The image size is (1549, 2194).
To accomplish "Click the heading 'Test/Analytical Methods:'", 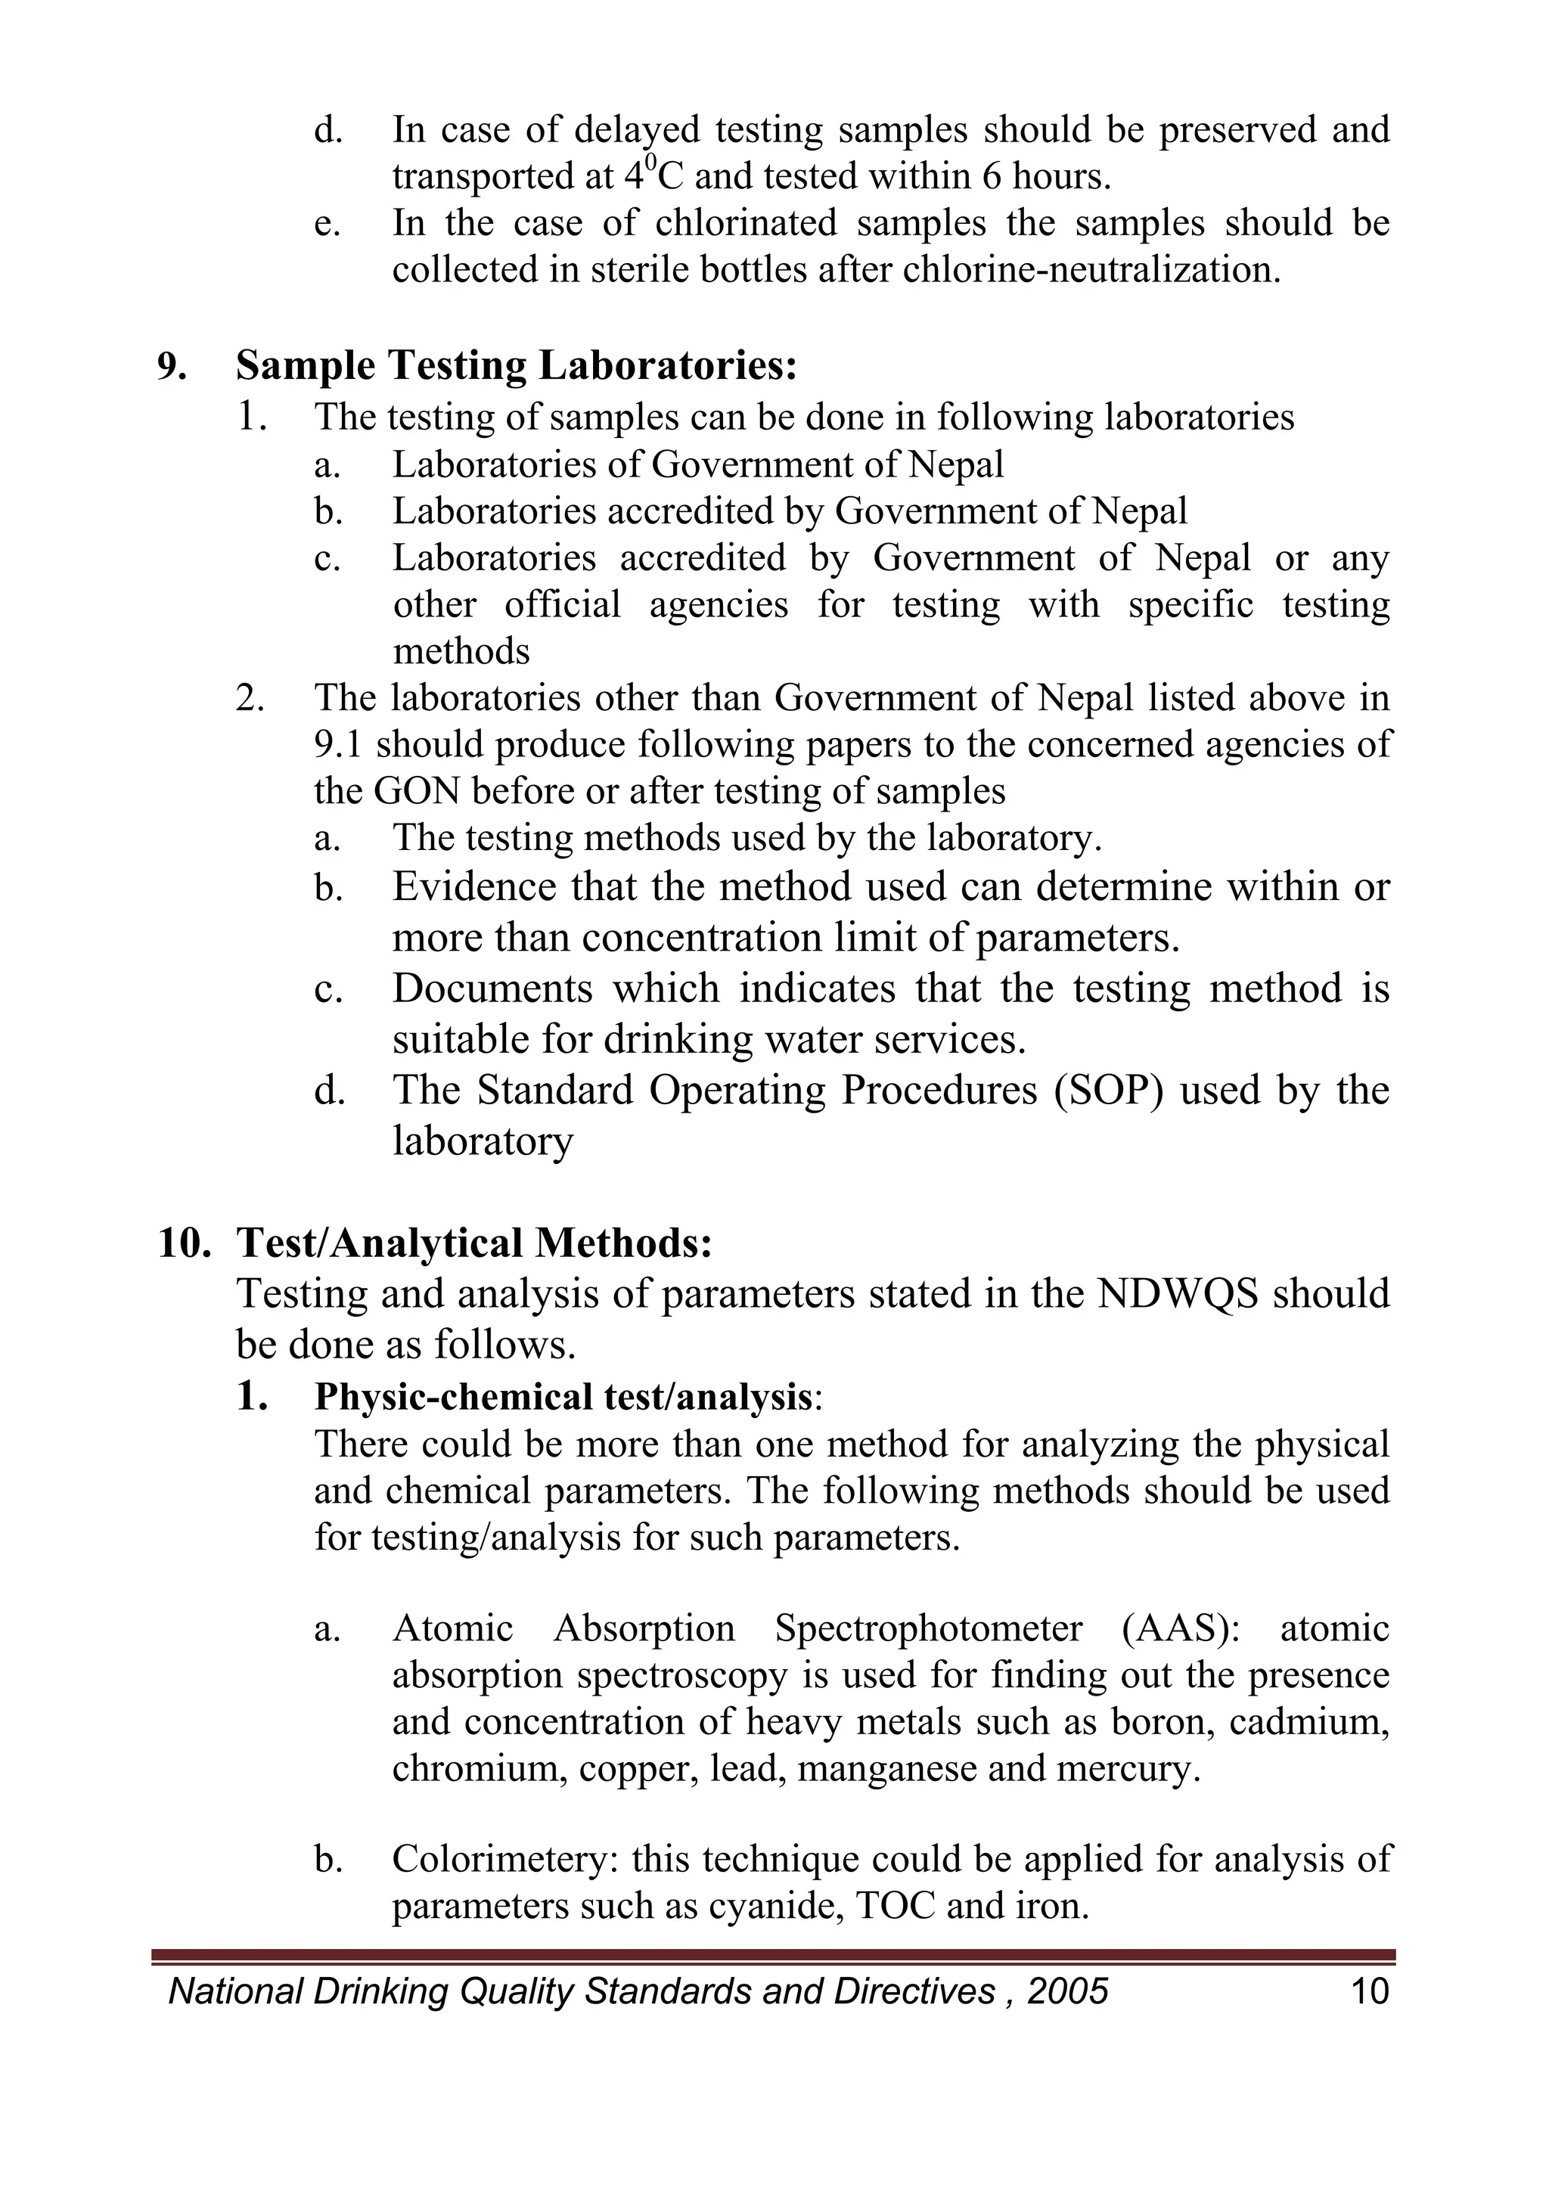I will click(x=474, y=1243).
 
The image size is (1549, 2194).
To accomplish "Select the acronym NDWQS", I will click(x=1178, y=1295).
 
